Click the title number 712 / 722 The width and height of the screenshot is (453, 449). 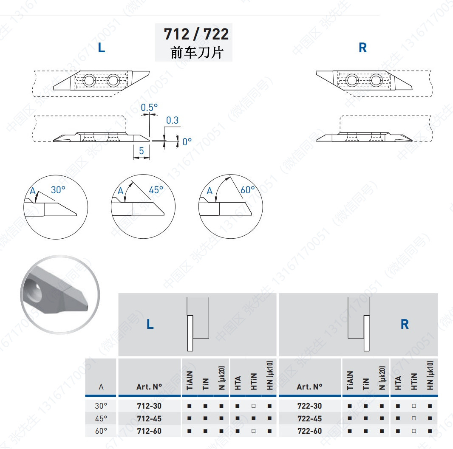point(196,34)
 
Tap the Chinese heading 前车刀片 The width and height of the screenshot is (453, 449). point(197,53)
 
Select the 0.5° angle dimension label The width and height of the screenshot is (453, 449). point(149,107)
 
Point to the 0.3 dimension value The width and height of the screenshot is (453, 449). point(172,120)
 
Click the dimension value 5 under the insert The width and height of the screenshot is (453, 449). point(141,150)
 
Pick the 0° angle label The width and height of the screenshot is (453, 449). point(187,142)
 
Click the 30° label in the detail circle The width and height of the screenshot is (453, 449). point(58,190)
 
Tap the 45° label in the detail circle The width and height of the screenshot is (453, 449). point(156,190)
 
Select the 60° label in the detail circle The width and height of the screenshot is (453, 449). point(248,190)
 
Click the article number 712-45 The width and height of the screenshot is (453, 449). point(149,418)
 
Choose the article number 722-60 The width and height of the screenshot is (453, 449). point(309,431)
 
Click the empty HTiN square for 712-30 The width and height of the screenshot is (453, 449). point(253,406)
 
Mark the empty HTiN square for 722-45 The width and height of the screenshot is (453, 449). point(414,418)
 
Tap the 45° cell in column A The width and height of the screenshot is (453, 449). point(101,418)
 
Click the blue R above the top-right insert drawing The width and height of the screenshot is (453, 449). point(362,48)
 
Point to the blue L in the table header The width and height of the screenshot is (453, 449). point(150,324)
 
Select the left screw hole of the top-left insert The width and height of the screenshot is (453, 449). point(89,80)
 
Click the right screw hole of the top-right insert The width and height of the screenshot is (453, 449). point(376,80)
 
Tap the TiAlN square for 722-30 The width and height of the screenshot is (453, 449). point(350,406)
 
